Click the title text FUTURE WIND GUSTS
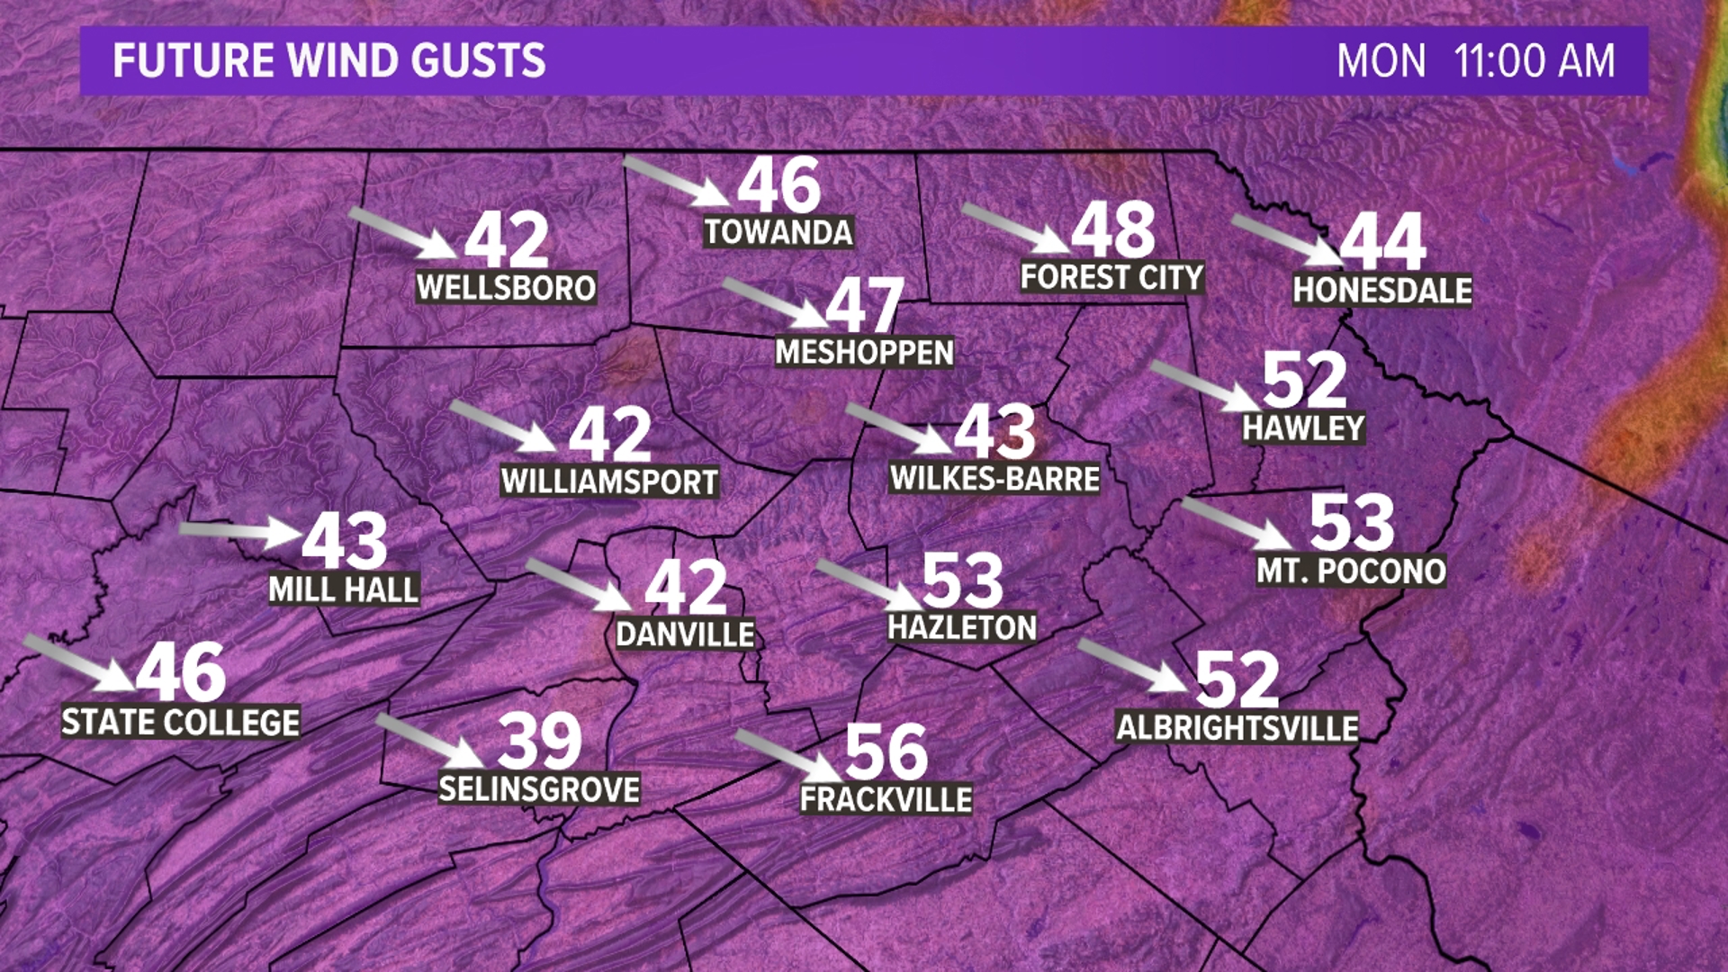(x=328, y=61)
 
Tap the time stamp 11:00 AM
(x=1534, y=61)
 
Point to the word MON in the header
(x=1381, y=61)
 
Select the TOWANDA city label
(x=778, y=232)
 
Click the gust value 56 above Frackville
(x=886, y=751)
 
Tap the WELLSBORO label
(x=506, y=288)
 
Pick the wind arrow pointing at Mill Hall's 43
(x=240, y=531)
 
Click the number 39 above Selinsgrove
(x=539, y=741)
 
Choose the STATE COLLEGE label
(x=180, y=722)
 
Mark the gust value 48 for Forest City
(x=1113, y=230)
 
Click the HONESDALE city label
(x=1382, y=290)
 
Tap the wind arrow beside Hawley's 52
(x=1206, y=385)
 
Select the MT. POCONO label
(x=1351, y=571)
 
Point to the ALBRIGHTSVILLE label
(x=1237, y=727)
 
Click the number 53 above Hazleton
(x=962, y=581)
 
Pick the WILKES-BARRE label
(x=994, y=478)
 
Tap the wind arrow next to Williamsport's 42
(x=503, y=426)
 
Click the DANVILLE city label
(x=685, y=634)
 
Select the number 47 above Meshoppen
(x=864, y=306)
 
